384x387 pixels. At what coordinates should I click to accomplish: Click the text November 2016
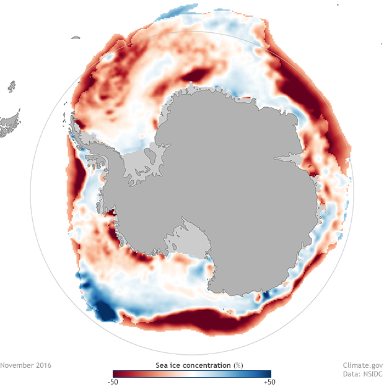(x=26, y=365)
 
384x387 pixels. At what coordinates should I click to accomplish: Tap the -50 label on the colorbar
(x=113, y=381)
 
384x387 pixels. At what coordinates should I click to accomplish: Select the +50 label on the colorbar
(x=270, y=381)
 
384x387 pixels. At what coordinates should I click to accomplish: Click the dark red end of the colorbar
(x=115, y=373)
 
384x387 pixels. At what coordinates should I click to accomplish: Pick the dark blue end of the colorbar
(x=268, y=373)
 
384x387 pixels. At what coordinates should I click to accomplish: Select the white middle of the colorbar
(x=191, y=373)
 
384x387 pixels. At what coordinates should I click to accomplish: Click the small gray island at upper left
(x=76, y=38)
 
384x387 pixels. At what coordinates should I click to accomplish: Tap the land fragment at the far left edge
(x=9, y=124)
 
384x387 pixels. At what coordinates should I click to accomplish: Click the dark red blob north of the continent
(x=198, y=76)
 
